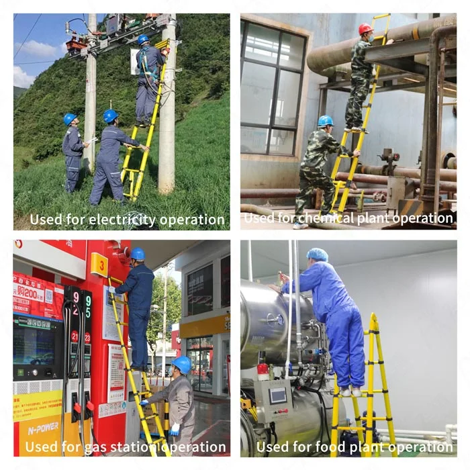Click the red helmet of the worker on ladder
click(365, 29)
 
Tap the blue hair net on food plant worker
click(317, 254)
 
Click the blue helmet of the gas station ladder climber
click(138, 254)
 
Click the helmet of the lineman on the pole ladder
click(143, 40)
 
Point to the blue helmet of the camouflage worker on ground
click(326, 121)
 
